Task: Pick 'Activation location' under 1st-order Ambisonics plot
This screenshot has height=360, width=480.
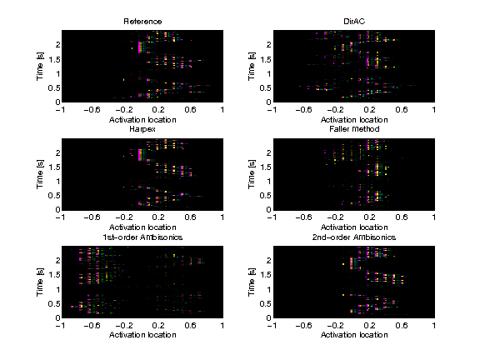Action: [142, 335]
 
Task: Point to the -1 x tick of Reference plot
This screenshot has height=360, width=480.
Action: [59, 109]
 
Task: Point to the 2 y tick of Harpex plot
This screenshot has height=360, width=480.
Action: [53, 153]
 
